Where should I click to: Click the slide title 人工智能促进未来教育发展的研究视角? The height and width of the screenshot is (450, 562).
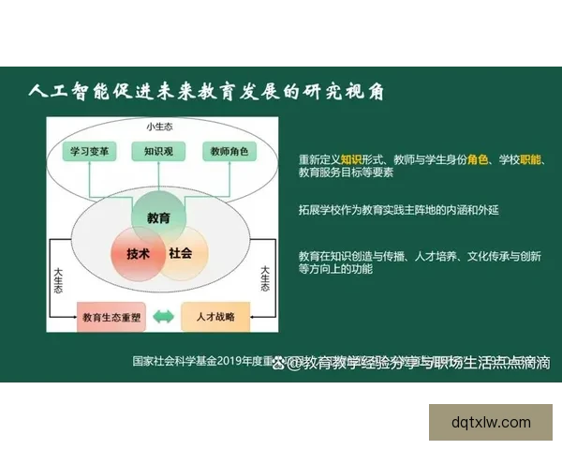click(x=206, y=92)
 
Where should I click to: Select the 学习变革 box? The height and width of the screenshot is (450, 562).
click(x=91, y=151)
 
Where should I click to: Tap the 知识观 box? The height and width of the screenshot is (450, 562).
click(x=156, y=151)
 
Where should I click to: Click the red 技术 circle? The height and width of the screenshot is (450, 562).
click(x=138, y=254)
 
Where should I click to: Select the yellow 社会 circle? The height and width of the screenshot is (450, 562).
click(x=181, y=253)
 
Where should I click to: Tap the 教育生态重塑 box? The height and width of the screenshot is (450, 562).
click(x=111, y=316)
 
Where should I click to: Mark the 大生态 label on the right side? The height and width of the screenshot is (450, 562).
click(x=265, y=282)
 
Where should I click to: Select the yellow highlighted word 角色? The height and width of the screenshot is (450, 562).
click(x=478, y=159)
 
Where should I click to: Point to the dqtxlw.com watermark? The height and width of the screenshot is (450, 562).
click(x=491, y=422)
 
